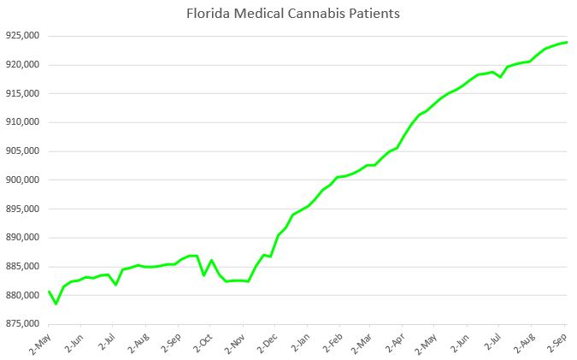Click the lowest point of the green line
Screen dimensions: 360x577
point(56,304)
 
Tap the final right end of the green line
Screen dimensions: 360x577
point(568,43)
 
